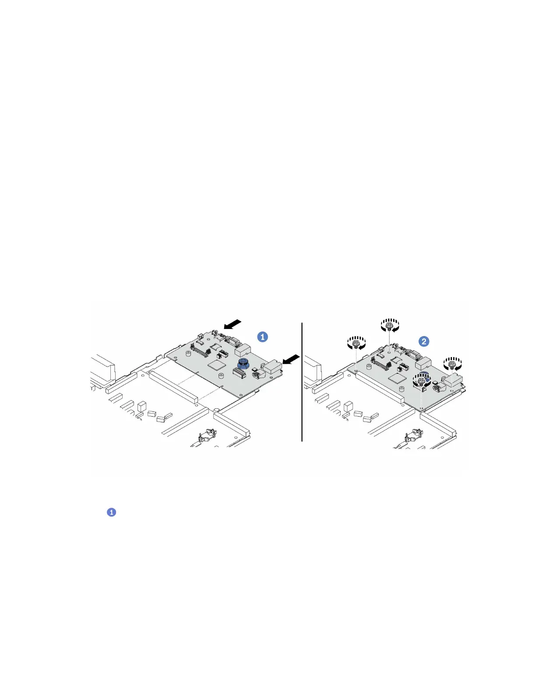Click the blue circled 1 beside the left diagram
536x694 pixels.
[x=263, y=336]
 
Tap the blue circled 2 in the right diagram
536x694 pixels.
[x=424, y=341]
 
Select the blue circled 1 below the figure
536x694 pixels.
[x=112, y=512]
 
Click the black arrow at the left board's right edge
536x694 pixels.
[x=291, y=359]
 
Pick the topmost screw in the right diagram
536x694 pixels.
[x=389, y=326]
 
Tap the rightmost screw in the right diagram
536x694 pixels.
[x=452, y=363]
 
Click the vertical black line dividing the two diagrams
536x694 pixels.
[x=302, y=381]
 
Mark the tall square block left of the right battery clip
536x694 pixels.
[x=349, y=405]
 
